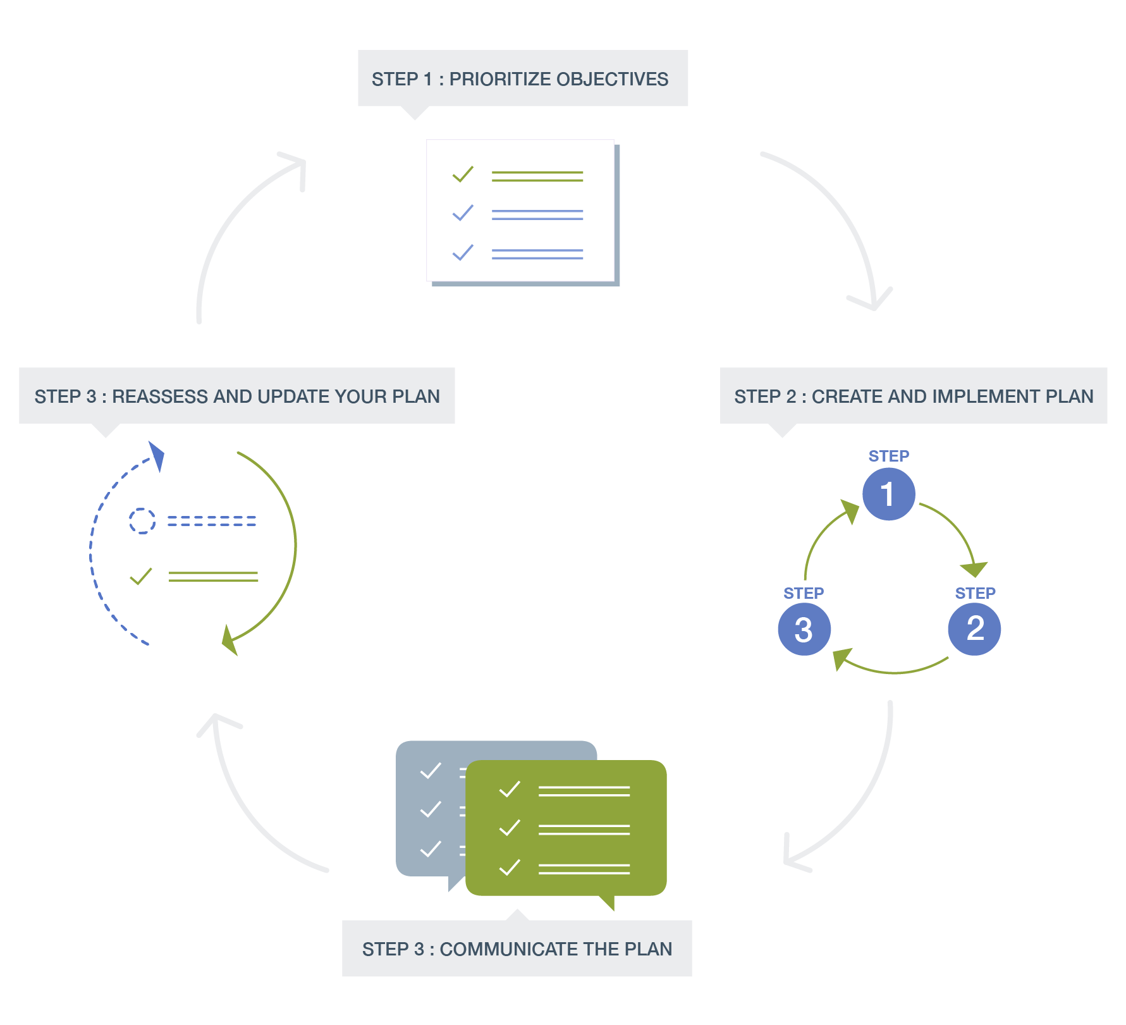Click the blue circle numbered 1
889,494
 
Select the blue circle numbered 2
974,629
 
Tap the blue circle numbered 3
804,629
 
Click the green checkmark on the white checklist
463,174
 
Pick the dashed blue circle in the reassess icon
142,521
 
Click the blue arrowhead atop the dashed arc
157,456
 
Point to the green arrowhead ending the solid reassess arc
229,641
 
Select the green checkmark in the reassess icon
140,576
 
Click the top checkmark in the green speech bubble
510,789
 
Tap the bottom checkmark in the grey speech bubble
431,849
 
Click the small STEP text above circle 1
889,456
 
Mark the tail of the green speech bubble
607,902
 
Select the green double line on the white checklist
537,176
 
